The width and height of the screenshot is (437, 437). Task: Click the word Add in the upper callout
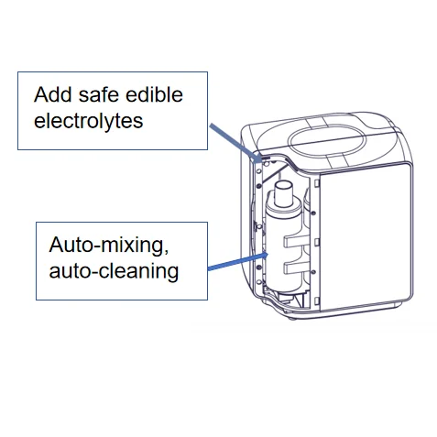(x=53, y=94)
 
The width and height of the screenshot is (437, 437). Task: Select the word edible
(x=154, y=94)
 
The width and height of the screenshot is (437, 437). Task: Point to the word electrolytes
(x=88, y=121)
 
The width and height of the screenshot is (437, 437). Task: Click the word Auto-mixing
(x=109, y=246)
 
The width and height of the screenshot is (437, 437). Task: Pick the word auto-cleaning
(x=114, y=271)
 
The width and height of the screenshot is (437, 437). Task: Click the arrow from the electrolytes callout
(x=235, y=142)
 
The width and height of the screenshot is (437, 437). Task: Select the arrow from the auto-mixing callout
(x=237, y=262)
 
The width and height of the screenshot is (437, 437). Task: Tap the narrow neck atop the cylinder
(x=283, y=194)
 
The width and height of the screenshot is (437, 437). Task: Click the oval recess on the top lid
(x=327, y=141)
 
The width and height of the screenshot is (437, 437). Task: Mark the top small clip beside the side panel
(x=317, y=183)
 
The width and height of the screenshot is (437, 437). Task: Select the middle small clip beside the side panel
(x=317, y=242)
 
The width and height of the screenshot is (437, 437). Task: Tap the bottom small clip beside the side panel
(x=317, y=300)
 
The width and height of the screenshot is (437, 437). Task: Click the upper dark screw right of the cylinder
(x=313, y=213)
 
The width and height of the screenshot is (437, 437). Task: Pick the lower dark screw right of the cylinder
(x=313, y=271)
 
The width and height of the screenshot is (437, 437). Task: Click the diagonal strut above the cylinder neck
(x=274, y=174)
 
